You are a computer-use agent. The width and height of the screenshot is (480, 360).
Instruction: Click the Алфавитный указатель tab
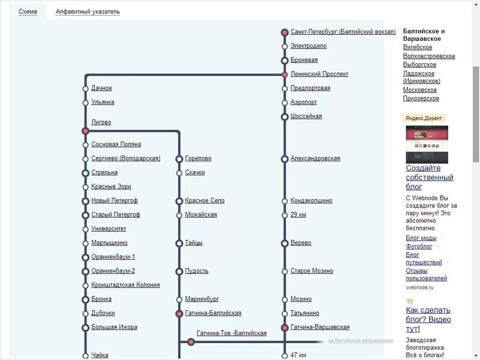[88, 12]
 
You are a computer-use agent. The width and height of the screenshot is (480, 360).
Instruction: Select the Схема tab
[28, 12]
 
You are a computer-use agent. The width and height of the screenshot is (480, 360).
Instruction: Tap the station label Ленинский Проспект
[319, 74]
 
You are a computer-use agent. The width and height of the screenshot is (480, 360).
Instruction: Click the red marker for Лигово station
[85, 130]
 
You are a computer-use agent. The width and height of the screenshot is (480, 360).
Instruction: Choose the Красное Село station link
[205, 200]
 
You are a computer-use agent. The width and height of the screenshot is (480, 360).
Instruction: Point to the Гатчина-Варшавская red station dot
[285, 328]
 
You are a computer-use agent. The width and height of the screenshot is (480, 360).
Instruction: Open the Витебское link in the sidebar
[418, 47]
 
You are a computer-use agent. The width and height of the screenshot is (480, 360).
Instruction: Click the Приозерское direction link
[421, 98]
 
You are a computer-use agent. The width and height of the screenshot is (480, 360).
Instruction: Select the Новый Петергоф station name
[115, 200]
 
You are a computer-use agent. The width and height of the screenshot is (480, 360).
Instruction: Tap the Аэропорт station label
[304, 103]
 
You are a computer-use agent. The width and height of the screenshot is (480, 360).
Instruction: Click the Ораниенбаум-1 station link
[113, 257]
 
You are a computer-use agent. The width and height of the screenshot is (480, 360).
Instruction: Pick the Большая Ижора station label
[114, 327]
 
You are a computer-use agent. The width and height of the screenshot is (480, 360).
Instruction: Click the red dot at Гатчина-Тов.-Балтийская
[191, 342]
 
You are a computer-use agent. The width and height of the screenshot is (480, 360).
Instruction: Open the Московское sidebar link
[420, 90]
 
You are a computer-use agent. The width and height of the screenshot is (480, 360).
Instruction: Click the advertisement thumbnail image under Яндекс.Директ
[427, 144]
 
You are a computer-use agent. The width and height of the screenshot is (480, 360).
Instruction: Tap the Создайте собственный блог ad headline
[429, 178]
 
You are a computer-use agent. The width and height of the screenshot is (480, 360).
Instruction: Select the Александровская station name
[315, 158]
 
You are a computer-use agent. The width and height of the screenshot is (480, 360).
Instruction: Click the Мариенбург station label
[202, 299]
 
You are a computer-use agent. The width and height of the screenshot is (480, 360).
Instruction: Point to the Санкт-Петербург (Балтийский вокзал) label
[343, 32]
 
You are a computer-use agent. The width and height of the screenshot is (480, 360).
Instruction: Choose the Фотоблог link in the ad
[419, 246]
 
